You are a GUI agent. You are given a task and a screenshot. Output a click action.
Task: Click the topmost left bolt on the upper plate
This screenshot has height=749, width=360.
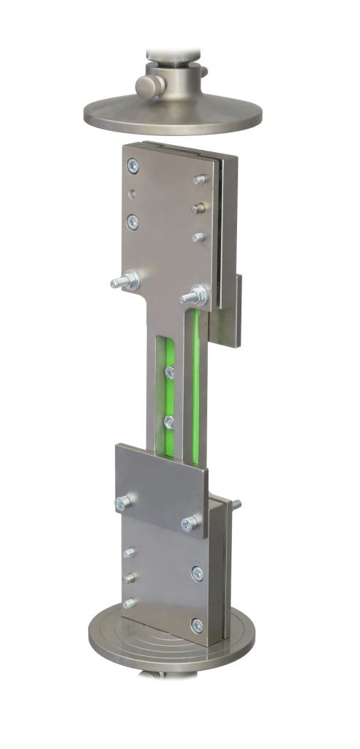point(133,167)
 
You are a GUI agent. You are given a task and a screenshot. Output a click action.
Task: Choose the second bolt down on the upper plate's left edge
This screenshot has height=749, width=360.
point(132,219)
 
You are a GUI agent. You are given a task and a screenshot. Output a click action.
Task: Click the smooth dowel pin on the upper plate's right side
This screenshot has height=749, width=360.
point(198,208)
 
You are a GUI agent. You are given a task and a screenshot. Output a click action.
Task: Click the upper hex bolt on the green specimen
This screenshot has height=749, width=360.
point(170,372)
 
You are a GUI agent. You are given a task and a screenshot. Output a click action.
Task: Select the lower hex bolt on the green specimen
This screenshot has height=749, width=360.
point(169,422)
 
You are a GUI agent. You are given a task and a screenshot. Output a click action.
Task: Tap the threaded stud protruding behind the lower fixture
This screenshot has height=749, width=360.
point(236,504)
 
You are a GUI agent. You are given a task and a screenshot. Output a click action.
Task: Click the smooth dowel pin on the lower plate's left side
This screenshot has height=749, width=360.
point(130,577)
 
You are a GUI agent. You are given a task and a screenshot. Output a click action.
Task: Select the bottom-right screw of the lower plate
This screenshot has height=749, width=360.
point(196,625)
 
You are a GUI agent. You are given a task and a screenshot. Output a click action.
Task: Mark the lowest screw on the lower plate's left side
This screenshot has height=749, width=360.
point(130,603)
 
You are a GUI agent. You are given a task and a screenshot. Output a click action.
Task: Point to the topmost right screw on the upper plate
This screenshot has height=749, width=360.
point(199,179)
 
